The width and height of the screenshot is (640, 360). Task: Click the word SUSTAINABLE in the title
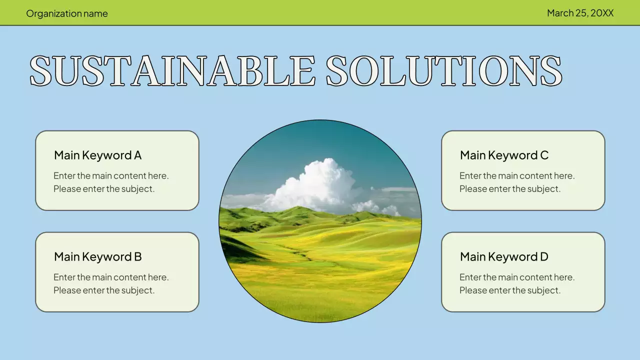coord(172,70)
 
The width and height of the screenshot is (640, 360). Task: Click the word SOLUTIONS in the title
coord(444,70)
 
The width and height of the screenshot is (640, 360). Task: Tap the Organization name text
coord(67,13)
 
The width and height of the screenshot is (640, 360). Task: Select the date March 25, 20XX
coord(580,13)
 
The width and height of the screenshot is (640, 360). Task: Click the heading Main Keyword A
coord(97,155)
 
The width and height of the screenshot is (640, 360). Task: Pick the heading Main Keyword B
coord(97,257)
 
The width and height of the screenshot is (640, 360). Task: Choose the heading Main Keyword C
coord(504,155)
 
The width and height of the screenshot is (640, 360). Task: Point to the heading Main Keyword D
coord(504,257)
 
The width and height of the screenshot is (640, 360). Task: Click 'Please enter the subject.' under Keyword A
coord(104,189)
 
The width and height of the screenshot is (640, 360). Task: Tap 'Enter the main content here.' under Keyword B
coord(111,277)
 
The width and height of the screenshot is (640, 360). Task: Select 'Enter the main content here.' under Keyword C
coord(517,176)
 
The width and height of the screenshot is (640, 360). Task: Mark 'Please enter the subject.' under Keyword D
coord(510,290)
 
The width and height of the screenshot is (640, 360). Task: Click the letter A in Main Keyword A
coord(137,155)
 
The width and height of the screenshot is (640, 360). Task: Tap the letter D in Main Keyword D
coord(543,257)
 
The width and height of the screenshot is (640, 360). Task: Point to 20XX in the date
coord(602,13)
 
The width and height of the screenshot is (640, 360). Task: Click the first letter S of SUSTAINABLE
coord(41,70)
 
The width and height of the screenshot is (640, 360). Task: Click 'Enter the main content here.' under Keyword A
coord(111,176)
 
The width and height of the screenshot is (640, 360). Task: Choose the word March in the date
coord(560,13)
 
